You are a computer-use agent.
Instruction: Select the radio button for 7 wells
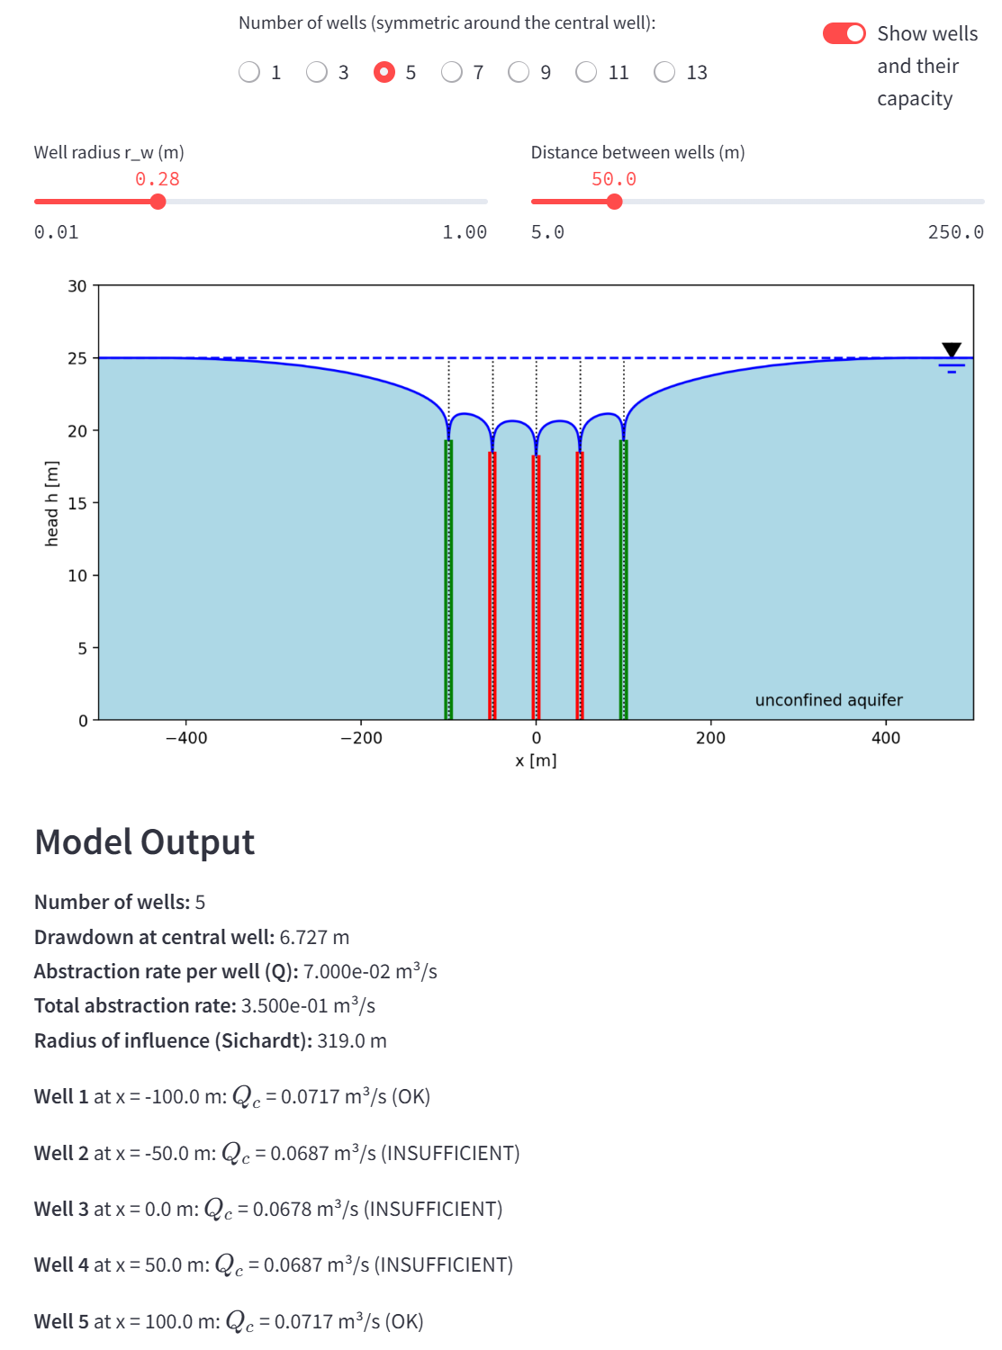452,72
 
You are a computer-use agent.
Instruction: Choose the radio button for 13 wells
664,72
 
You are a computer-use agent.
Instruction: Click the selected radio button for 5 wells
384,72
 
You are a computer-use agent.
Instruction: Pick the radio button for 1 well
249,72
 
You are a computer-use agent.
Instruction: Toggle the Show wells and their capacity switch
844,33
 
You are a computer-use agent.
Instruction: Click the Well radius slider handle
158,202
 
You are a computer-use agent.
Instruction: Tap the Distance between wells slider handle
615,202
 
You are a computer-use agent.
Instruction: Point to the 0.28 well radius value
158,179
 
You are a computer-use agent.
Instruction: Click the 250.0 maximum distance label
955,232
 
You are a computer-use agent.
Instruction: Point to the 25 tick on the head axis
77,358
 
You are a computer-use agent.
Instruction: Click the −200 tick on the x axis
361,738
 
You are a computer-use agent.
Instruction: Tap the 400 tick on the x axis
886,738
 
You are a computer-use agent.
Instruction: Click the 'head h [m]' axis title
52,503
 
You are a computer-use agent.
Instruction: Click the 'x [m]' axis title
536,760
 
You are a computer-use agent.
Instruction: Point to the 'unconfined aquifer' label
828,700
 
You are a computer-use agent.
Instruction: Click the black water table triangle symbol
952,349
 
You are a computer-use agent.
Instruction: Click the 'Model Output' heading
144,842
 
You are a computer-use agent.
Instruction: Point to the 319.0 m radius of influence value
351,1041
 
